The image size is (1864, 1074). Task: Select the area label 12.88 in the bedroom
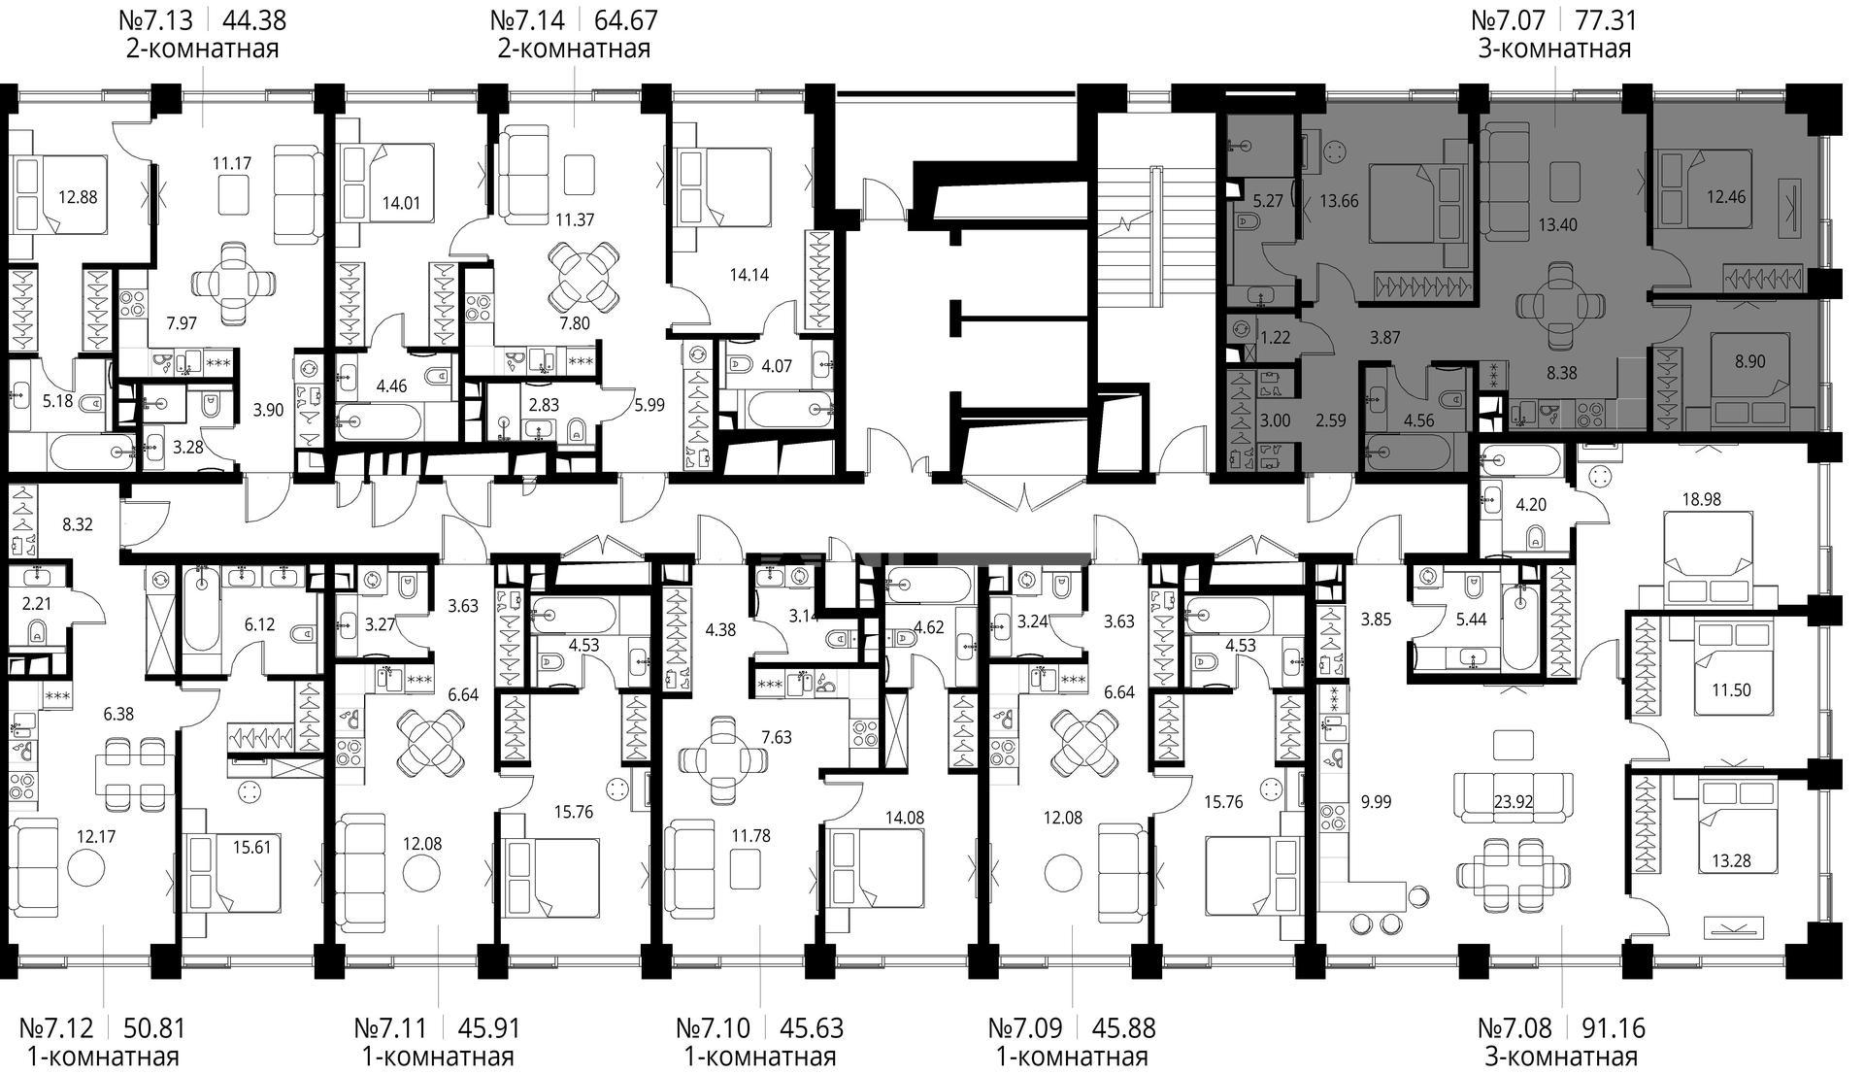[78, 197]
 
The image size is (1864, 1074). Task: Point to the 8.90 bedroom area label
[1749, 361]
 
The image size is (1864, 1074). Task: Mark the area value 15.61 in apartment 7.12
[252, 847]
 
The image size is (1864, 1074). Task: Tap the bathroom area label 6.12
[259, 624]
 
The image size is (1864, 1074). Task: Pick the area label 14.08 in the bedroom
[905, 818]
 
